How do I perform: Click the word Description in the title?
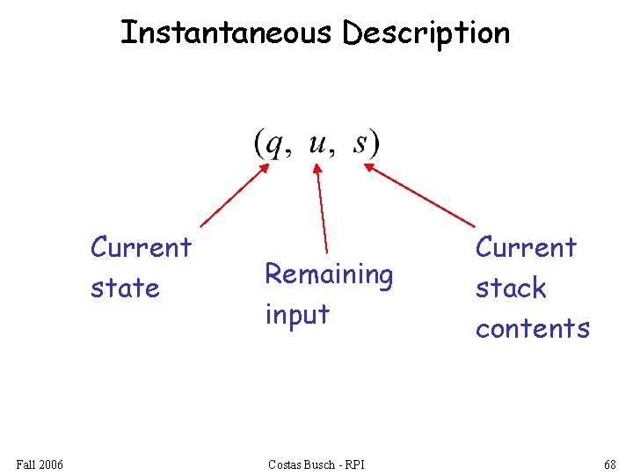426,33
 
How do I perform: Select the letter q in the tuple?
275,144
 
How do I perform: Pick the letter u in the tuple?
318,142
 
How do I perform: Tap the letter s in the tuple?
361,142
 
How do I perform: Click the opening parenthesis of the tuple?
259,144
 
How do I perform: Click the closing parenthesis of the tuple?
375,144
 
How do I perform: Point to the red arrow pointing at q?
234,195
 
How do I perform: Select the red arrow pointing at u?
321,208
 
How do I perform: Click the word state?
125,288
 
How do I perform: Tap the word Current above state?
141,247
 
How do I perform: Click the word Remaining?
329,275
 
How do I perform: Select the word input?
297,315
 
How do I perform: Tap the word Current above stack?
526,247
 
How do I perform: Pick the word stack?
511,288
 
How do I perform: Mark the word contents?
532,328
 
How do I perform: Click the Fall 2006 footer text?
40,464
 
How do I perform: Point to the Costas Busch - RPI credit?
316,464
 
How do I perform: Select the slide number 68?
609,464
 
